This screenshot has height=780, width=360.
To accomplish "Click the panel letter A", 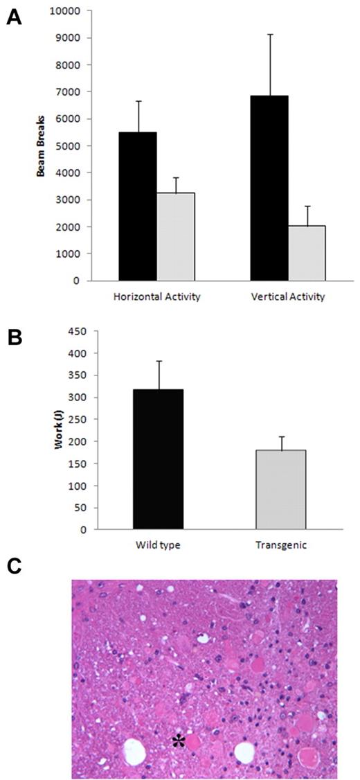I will click(x=13, y=18).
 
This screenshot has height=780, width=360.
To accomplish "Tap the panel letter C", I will click(x=14, y=565).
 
